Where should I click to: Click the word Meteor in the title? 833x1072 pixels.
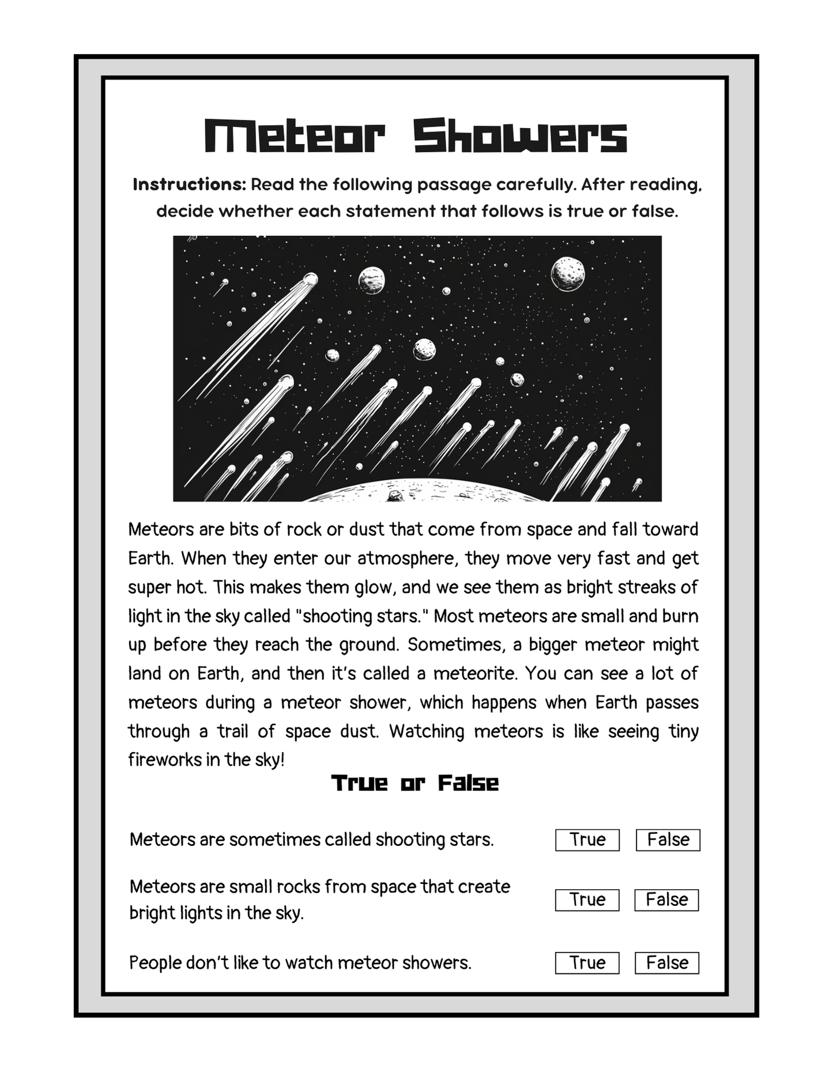295,136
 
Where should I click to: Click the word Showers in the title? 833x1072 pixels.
520,136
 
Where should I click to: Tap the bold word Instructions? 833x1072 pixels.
190,185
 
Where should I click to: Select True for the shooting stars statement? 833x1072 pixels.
587,840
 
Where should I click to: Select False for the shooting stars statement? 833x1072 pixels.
668,840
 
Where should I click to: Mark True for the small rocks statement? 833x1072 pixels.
587,900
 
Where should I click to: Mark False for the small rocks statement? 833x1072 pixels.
666,900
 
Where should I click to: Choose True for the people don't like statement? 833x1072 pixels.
587,962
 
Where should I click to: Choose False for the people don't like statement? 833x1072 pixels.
667,962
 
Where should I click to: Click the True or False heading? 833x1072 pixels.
415,783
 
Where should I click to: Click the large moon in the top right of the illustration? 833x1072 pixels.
568,274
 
